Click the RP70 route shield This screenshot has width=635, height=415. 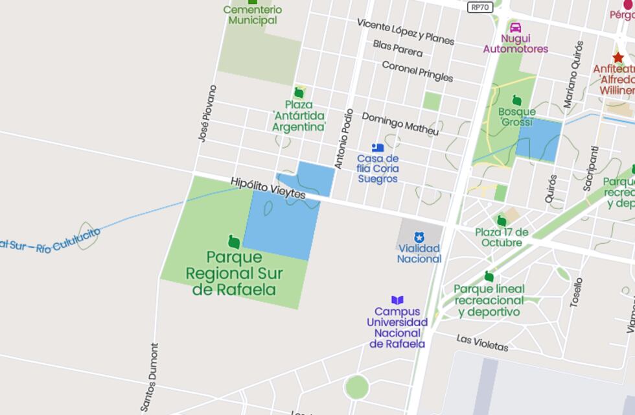point(481,7)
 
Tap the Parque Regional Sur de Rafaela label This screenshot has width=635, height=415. point(235,273)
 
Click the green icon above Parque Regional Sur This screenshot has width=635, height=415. point(235,243)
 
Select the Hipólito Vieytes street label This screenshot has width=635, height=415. point(268,188)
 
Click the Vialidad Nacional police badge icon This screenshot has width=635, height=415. point(419,237)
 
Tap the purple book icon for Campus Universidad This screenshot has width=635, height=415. point(397,300)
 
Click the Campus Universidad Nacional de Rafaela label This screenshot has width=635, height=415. point(397,327)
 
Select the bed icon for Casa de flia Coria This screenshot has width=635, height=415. point(378,148)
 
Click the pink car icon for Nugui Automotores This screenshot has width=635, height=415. point(516,28)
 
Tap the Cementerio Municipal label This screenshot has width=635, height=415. point(253,15)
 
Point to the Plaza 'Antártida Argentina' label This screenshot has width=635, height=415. point(299,115)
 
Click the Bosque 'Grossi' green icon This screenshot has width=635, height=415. point(517,100)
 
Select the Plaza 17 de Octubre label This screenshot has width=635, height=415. point(502,237)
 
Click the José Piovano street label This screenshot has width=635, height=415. point(207,113)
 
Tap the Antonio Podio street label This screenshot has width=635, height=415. point(344,138)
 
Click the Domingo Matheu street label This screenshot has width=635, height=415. point(400,123)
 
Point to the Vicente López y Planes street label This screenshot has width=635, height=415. point(406,31)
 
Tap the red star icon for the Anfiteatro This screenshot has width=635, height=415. point(618,57)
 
